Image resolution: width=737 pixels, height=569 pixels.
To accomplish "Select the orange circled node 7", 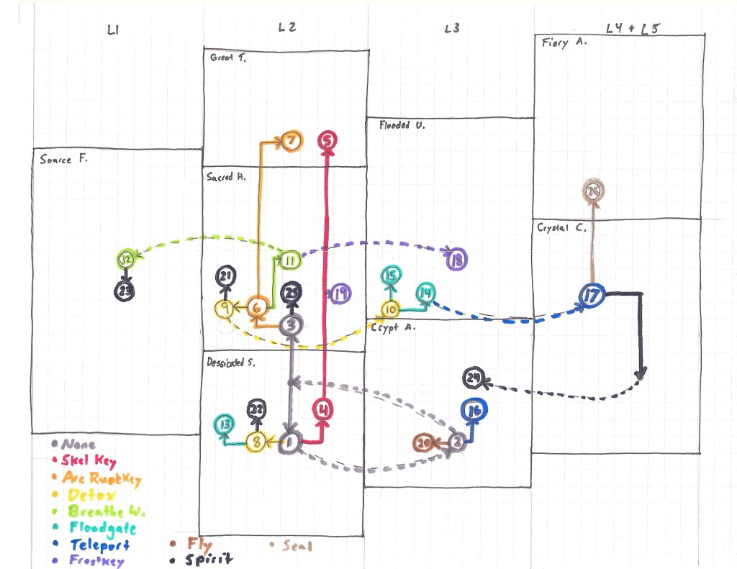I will pyautogui.click(x=291, y=141).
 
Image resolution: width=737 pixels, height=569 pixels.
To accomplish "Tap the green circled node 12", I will pyautogui.click(x=126, y=259).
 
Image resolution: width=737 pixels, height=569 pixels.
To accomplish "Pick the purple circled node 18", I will pyautogui.click(x=456, y=260).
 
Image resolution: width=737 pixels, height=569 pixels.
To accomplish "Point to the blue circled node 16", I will pyautogui.click(x=474, y=411).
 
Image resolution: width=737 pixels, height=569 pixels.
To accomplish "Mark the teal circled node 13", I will pyautogui.click(x=225, y=424).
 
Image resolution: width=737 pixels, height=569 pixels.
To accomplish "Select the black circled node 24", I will pyautogui.click(x=473, y=378).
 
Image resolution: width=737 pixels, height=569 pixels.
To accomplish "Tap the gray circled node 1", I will pyautogui.click(x=290, y=442).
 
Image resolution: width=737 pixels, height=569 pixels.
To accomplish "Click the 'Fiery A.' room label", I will pyautogui.click(x=565, y=42).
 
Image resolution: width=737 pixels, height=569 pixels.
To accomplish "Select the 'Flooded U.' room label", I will pyautogui.click(x=402, y=125).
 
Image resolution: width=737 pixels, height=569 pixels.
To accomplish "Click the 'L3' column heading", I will pyautogui.click(x=452, y=29).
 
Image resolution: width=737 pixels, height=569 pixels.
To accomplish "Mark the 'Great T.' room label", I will pyautogui.click(x=228, y=58).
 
